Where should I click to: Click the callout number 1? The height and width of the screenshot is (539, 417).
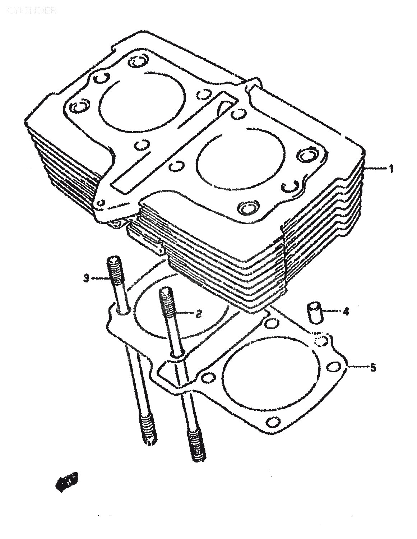click(391, 168)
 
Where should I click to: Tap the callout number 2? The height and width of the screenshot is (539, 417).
click(198, 314)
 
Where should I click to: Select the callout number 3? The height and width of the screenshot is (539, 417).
click(86, 278)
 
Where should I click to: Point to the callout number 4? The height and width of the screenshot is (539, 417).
click(346, 311)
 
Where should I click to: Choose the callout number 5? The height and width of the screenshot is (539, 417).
click(373, 367)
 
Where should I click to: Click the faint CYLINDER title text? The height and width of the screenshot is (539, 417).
click(32, 11)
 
